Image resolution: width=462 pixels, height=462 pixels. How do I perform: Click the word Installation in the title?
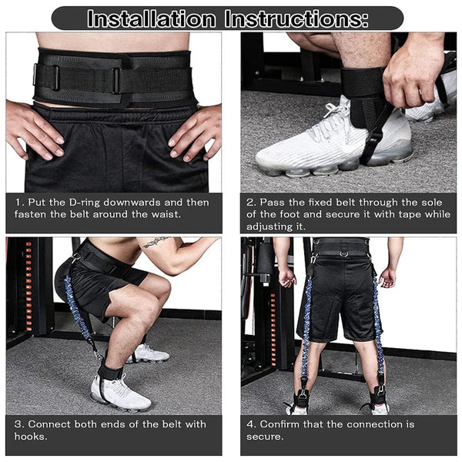tap(151, 18)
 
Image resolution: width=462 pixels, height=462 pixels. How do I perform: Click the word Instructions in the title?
tap(296, 18)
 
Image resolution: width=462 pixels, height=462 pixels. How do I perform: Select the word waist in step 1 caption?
tap(166, 214)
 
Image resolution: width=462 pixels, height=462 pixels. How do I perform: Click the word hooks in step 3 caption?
tap(31, 436)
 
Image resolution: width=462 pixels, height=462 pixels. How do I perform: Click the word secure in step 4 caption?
tap(265, 437)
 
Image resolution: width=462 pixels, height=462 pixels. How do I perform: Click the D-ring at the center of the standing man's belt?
tap(343, 253)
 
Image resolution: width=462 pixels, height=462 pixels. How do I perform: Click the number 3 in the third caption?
tap(18, 424)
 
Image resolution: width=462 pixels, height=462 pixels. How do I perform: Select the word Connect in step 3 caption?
tap(49, 424)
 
